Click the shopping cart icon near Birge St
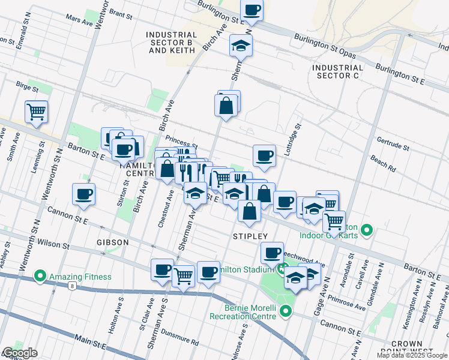(36, 111)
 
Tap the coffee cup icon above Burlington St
(252, 10)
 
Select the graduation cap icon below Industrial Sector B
(241, 46)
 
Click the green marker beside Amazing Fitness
(40, 277)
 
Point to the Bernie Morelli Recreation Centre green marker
(285, 311)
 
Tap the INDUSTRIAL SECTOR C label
(338, 72)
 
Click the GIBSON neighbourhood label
(112, 242)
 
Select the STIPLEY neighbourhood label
(250, 236)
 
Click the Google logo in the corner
(20, 353)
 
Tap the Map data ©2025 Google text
(412, 356)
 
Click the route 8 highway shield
(71, 286)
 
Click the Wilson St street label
(54, 243)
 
